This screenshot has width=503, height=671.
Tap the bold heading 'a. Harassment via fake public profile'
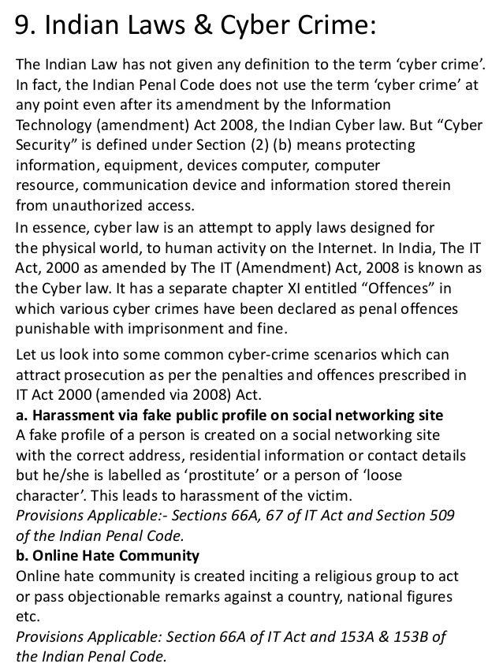click(229, 416)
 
